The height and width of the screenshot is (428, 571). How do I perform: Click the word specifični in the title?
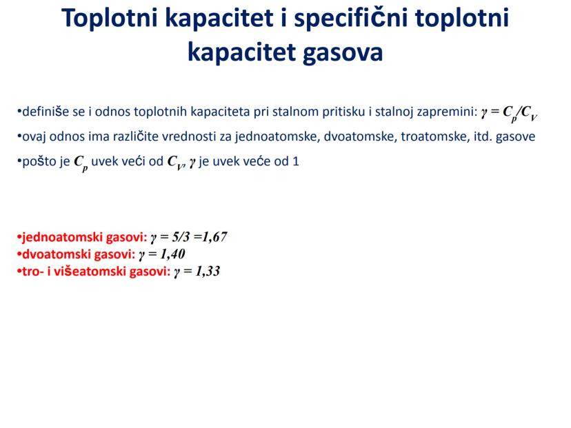click(351, 19)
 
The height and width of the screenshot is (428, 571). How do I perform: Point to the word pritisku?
click(343, 112)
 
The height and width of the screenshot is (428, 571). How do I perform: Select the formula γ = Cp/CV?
click(509, 112)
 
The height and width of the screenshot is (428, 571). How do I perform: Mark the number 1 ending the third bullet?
click(296, 161)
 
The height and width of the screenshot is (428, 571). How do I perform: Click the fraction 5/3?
click(181, 237)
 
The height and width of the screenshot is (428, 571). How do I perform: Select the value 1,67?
click(214, 237)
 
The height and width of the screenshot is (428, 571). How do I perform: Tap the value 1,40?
click(172, 254)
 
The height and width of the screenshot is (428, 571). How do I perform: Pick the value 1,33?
click(208, 271)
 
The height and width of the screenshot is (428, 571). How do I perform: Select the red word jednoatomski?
click(62, 237)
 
